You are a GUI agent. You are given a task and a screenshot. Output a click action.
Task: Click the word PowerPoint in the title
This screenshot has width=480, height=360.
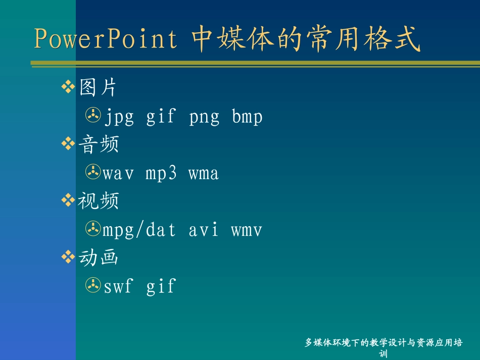106,38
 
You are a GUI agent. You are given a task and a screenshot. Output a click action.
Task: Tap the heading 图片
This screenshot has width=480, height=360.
98,87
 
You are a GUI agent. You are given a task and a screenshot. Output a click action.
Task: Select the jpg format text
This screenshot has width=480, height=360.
119,117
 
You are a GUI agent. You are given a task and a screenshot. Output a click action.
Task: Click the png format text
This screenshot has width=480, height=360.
204,117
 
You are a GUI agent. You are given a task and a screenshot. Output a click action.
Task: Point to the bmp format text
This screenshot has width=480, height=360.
247,116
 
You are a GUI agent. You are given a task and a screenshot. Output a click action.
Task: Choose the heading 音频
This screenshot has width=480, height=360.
99,144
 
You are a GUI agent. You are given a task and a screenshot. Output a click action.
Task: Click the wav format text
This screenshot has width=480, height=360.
118,173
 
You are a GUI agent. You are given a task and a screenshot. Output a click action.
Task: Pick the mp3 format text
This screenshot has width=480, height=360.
161,173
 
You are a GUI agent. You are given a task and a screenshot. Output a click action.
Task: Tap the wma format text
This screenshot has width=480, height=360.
204,173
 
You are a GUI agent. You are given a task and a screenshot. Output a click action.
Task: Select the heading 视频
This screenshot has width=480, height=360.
98,200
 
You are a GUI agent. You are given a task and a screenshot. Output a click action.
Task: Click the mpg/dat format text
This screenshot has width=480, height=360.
139,230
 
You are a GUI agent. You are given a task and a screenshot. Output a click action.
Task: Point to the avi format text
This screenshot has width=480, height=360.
203,229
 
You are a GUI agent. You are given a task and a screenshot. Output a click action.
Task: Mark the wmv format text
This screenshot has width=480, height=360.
247,230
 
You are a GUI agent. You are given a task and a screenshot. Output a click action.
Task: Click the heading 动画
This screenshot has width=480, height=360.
98,257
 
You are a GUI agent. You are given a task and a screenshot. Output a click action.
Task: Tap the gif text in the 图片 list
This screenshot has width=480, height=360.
161,117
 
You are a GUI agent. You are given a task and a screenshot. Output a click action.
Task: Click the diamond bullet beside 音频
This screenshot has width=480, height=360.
68,143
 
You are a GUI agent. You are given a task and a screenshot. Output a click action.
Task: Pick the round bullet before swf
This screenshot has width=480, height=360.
93,285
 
